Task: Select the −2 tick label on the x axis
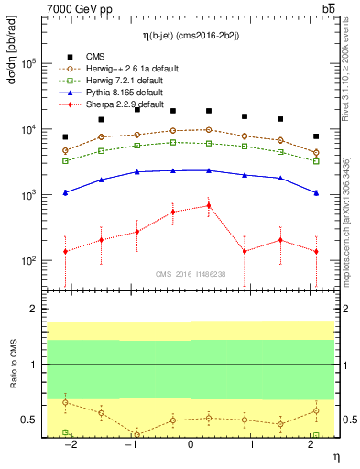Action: click(x=69, y=444)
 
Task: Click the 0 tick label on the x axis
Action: click(x=191, y=444)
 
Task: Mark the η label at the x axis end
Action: click(x=335, y=455)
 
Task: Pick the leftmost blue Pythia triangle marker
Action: click(x=65, y=192)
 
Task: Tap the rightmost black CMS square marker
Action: click(x=316, y=136)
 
